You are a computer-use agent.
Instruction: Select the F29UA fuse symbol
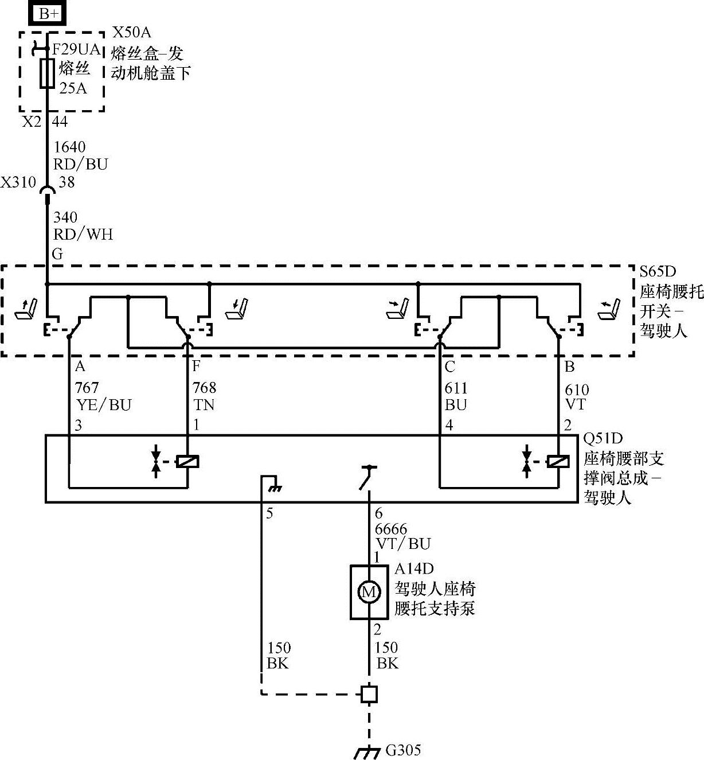[x=47, y=73]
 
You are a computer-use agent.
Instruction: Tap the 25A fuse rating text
[x=73, y=88]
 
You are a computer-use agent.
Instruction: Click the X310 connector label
[x=18, y=182]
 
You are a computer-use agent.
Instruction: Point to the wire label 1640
[x=69, y=147]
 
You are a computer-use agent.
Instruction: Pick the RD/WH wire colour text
[x=83, y=234]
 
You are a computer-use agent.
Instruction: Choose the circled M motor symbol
[x=368, y=591]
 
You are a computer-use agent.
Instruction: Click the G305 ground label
[x=403, y=750]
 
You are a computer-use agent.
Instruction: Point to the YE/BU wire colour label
[x=104, y=405]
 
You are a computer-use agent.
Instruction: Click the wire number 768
[x=204, y=388]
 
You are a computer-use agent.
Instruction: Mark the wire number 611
[x=456, y=388]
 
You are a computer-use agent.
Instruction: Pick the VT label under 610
[x=576, y=405]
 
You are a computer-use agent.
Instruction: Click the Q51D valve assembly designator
[x=603, y=439]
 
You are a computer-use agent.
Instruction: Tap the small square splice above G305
[x=369, y=694]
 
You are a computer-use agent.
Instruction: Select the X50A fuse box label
[x=132, y=32]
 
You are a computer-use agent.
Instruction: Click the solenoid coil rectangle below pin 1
[x=187, y=461]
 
